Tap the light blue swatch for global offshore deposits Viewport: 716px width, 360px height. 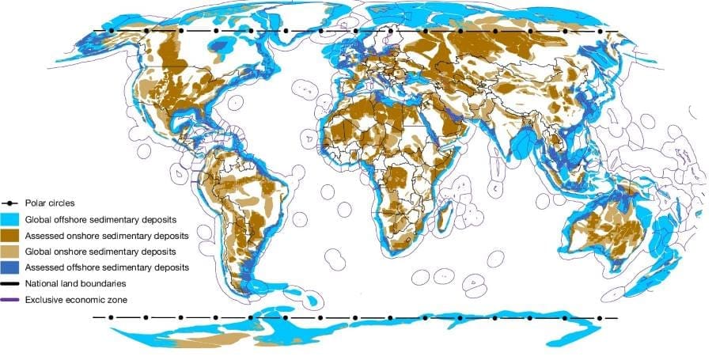pyautogui.click(x=11, y=220)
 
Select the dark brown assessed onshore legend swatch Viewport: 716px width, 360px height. pyautogui.click(x=11, y=236)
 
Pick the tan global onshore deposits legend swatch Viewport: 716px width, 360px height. pyautogui.click(x=11, y=252)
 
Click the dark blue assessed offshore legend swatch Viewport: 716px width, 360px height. pyautogui.click(x=11, y=267)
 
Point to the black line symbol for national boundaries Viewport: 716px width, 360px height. pyautogui.click(x=11, y=283)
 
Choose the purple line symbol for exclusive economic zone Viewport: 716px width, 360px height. pyautogui.click(x=11, y=299)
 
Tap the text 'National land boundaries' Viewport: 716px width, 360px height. pyautogui.click(x=76, y=283)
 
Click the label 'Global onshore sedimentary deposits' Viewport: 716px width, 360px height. pyautogui.click(x=100, y=252)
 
